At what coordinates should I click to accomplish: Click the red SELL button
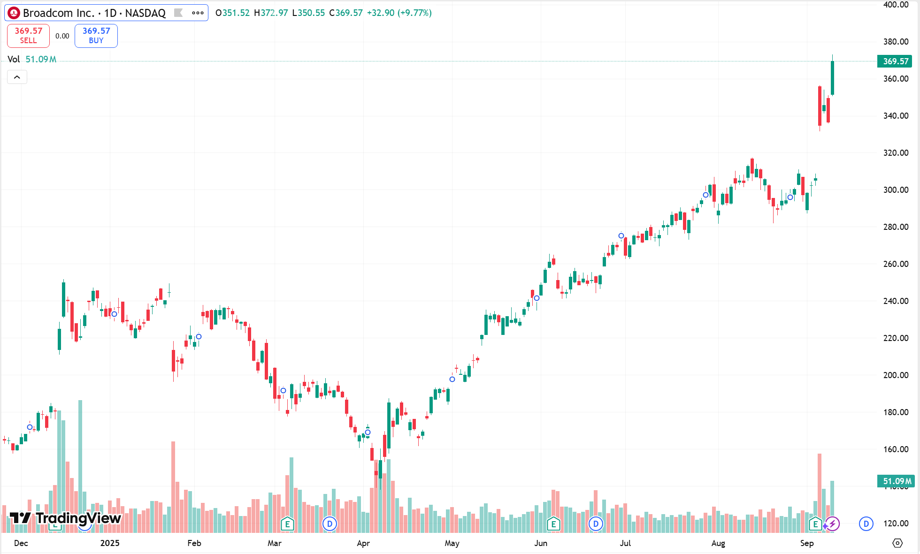click(x=28, y=36)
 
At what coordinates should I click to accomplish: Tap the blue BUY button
click(x=96, y=36)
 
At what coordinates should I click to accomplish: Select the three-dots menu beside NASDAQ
click(x=198, y=13)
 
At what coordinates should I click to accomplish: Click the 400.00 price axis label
click(x=896, y=5)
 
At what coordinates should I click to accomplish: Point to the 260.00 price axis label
click(x=896, y=264)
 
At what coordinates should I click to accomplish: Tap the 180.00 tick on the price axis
click(x=896, y=412)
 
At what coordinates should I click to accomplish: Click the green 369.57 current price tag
click(x=895, y=61)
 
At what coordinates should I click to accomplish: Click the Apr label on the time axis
click(x=363, y=543)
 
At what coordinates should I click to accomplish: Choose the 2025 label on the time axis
click(x=110, y=543)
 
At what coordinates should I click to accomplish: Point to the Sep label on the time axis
click(x=807, y=543)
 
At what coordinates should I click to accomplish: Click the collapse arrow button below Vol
click(x=17, y=77)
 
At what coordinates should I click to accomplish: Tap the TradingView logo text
click(x=78, y=518)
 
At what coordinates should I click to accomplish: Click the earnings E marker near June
click(x=553, y=524)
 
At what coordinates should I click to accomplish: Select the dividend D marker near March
click(x=330, y=524)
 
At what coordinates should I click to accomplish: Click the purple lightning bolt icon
click(x=833, y=524)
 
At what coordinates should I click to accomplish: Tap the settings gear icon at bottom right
click(x=897, y=543)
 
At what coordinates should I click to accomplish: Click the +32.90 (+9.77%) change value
click(x=399, y=13)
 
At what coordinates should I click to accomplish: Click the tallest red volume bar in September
click(x=820, y=493)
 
